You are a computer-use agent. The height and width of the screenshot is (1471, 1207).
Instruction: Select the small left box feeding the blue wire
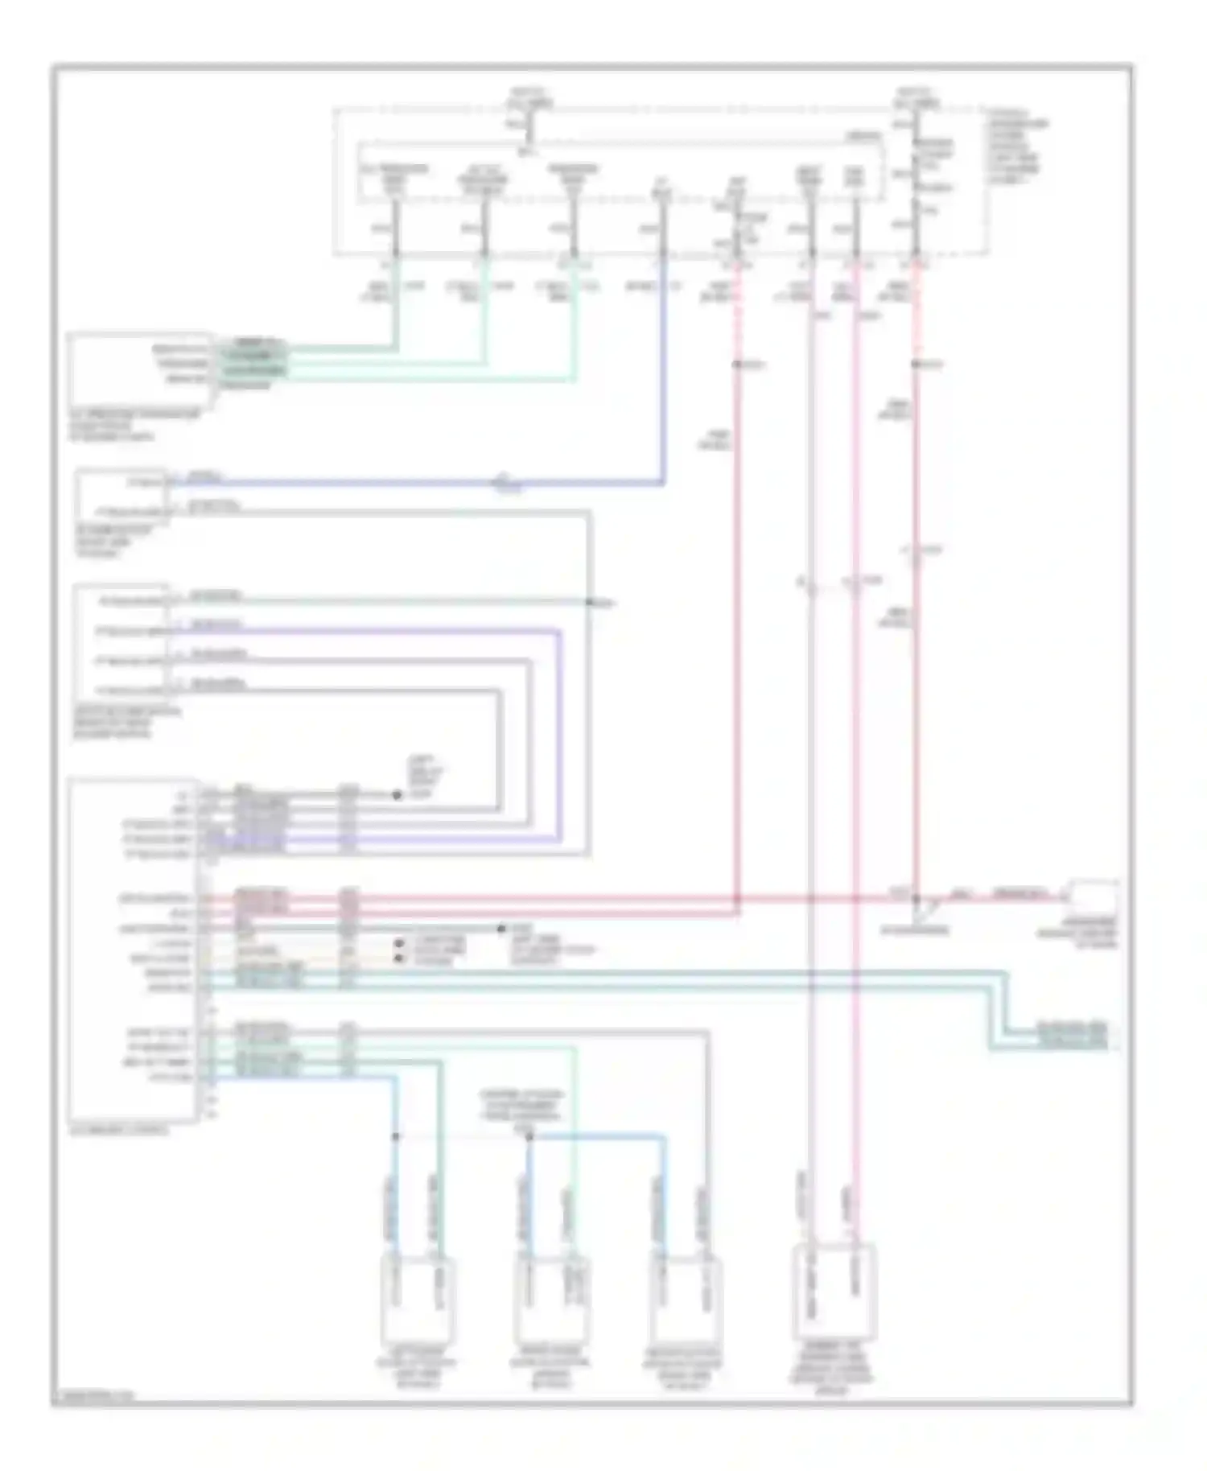(x=121, y=497)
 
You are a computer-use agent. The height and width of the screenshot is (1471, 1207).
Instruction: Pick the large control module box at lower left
(x=133, y=950)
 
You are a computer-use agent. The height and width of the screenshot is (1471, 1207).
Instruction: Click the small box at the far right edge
(x=1092, y=895)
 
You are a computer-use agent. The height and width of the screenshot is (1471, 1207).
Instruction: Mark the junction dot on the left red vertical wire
(x=736, y=365)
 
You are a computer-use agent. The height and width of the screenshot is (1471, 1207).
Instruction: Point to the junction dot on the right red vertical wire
(x=916, y=365)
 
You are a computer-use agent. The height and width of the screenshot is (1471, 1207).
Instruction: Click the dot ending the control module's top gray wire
(x=397, y=795)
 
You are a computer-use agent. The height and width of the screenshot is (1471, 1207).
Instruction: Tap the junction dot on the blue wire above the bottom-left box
(x=396, y=1137)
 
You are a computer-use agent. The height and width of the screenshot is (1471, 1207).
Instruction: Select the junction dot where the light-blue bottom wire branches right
(x=529, y=1137)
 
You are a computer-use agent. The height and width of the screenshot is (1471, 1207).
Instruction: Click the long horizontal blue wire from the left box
(x=418, y=483)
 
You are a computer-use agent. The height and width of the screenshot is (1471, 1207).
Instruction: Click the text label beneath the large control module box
(x=121, y=1130)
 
